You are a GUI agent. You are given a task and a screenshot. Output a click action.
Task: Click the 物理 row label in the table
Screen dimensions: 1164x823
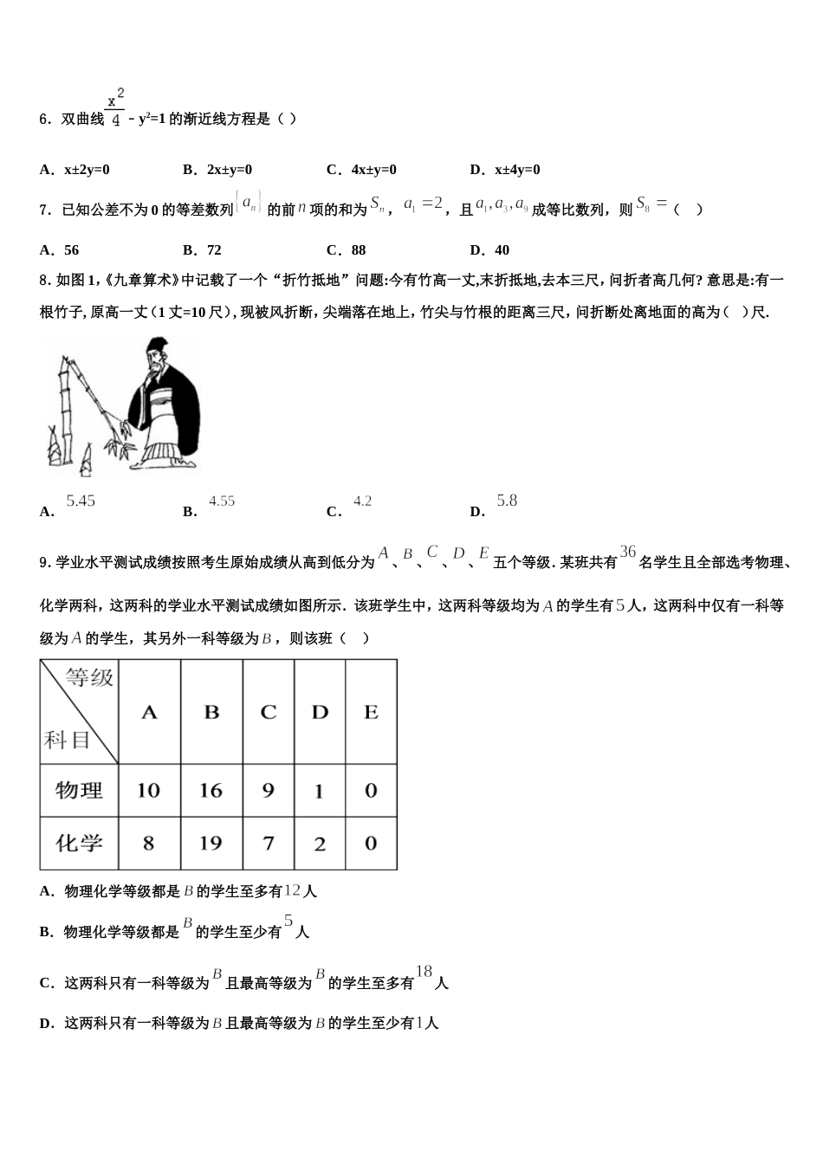coord(79,790)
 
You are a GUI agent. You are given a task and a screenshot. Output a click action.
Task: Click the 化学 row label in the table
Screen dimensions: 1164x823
coord(79,843)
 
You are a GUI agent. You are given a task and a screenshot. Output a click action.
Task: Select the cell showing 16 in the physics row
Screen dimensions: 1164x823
coord(211,790)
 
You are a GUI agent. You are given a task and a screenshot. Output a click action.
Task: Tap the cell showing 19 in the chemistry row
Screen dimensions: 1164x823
coord(211,843)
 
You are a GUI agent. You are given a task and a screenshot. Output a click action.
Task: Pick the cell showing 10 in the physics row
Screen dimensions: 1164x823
coord(148,790)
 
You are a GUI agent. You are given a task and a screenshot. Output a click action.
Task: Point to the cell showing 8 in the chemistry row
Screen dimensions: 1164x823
coord(148,843)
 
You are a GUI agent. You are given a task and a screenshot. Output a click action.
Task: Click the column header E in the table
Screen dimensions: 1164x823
coord(371,712)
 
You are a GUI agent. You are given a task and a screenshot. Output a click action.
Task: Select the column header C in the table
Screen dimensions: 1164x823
coord(269,712)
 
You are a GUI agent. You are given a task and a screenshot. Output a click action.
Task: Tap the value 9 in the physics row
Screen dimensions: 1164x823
coord(269,790)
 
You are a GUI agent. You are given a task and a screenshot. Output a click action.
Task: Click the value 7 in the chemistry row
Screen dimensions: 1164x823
coord(269,843)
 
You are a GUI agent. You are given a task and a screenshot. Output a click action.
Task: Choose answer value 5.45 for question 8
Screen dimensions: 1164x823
coord(81,501)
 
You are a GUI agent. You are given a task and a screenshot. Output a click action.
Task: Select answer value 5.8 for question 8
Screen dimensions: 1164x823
coord(507,501)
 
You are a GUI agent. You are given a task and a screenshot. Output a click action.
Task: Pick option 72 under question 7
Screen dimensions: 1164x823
coord(214,250)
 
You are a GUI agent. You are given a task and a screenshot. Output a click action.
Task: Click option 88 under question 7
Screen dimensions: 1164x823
coord(359,250)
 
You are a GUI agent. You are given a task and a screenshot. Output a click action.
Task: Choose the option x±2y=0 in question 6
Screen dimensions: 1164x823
coord(87,170)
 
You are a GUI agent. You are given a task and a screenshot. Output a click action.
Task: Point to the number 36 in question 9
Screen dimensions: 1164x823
coord(628,552)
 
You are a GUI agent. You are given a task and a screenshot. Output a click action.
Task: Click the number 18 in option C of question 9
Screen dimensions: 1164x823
coord(424,972)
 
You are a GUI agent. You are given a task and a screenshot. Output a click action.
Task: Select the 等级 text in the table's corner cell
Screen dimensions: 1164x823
coord(90,677)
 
